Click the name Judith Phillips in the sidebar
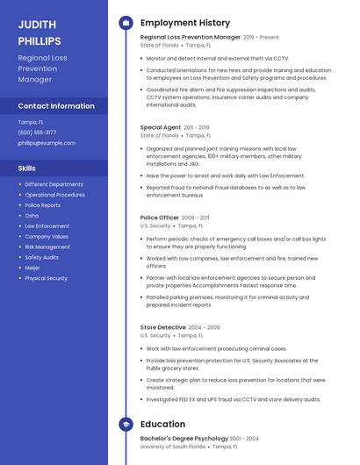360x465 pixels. [x=40, y=32]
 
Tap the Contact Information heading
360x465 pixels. [x=55, y=106]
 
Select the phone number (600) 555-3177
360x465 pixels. [x=37, y=132]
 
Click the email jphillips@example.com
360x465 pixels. [x=47, y=143]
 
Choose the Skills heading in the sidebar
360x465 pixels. [x=27, y=168]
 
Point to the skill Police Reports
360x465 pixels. [x=42, y=205]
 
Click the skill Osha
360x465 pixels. [x=32, y=216]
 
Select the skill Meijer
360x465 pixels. [x=32, y=268]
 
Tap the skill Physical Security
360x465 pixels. [x=46, y=278]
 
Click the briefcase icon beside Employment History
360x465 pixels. [x=126, y=23]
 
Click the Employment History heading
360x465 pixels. [x=185, y=23]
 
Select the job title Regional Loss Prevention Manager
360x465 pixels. [x=190, y=38]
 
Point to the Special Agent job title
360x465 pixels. [x=160, y=127]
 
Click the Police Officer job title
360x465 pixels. [x=160, y=218]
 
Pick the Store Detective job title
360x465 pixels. [x=162, y=327]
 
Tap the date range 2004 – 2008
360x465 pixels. [x=204, y=327]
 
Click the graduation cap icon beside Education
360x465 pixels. [x=126, y=425]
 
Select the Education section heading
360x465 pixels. [x=162, y=425]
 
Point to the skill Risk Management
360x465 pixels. [x=47, y=247]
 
